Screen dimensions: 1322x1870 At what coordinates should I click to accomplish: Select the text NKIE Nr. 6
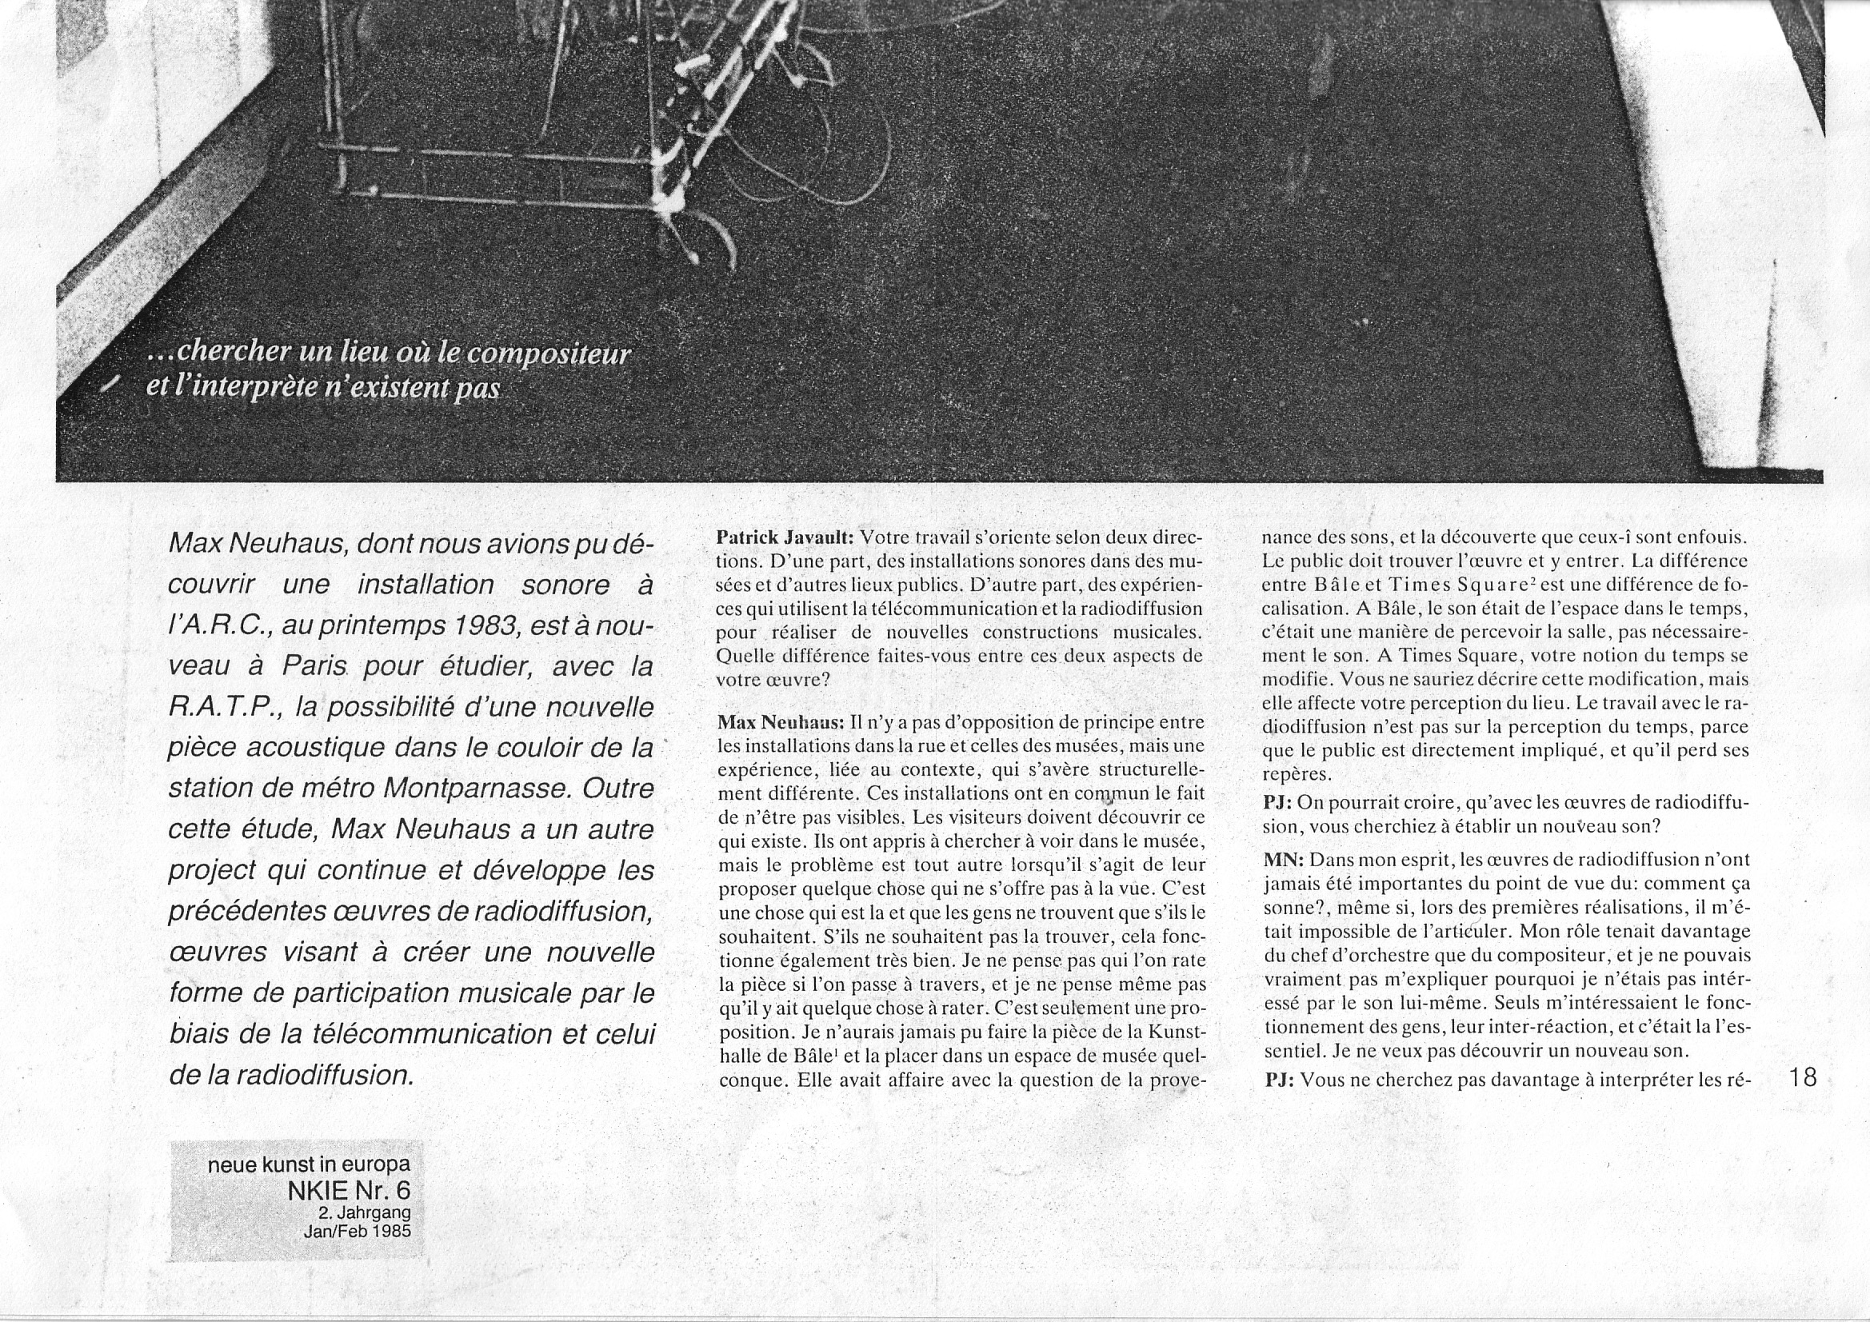pos(350,1191)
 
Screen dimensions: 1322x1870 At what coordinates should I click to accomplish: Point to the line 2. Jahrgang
pos(365,1213)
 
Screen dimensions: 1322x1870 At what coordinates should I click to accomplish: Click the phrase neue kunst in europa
pos(310,1164)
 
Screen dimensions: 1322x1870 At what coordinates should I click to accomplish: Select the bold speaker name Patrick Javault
pos(785,538)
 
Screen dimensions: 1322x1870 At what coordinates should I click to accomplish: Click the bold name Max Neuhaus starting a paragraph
pos(780,722)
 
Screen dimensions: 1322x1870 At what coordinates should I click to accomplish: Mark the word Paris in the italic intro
pos(317,666)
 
